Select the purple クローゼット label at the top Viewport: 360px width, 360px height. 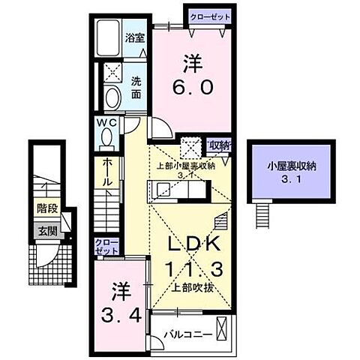pos(209,15)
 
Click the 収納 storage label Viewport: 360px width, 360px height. pos(218,145)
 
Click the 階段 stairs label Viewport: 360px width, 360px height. pos(46,211)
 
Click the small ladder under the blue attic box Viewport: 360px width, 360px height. pos(262,214)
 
